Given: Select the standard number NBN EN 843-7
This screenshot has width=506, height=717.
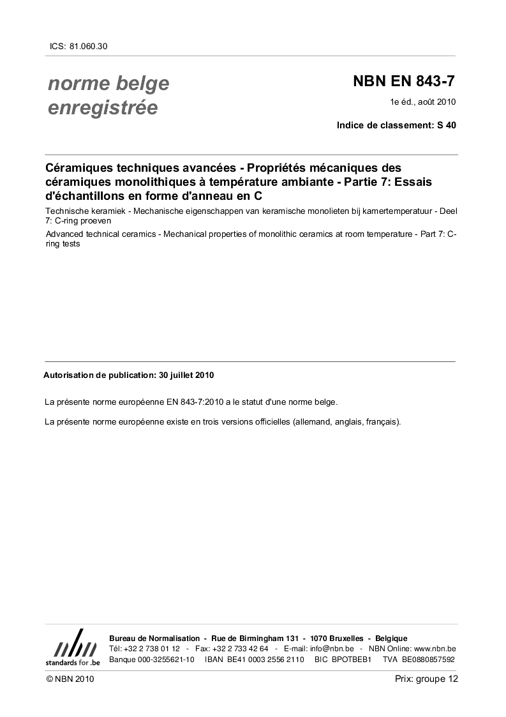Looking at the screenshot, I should click(405, 82).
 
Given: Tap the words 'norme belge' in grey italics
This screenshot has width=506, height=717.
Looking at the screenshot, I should click(108, 84).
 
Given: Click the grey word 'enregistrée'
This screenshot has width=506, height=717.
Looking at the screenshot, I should click(103, 108).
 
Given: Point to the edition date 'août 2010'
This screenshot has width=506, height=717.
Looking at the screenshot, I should click(438, 102).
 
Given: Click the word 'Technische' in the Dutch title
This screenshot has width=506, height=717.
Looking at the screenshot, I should click(67, 211).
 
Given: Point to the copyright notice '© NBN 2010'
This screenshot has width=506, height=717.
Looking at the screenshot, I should click(70, 679).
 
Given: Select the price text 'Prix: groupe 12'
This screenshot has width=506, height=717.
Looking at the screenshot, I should click(426, 679).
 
